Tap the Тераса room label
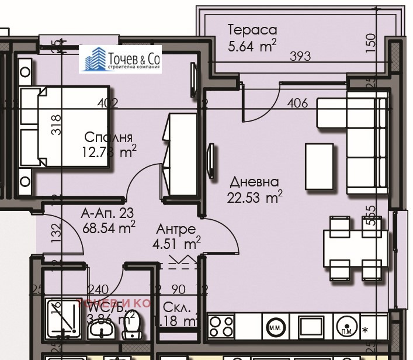(252, 29)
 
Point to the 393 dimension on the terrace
(301, 57)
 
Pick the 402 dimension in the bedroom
(108, 104)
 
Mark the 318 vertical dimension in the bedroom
(56, 124)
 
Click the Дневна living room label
(254, 182)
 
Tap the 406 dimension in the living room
(298, 104)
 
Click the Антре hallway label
(176, 229)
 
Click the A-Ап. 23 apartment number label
(108, 214)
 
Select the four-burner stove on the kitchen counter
(221, 326)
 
